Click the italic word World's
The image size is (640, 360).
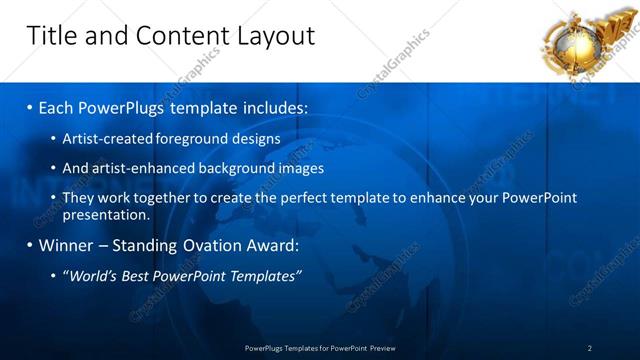[x=92, y=276]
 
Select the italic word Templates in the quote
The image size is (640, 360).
[x=266, y=276]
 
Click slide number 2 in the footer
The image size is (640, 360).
[x=590, y=348]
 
